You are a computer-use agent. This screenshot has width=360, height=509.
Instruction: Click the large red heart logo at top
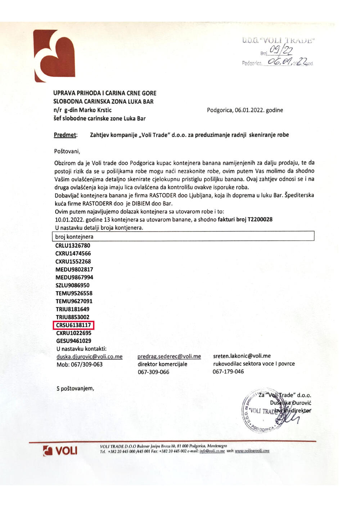tap(54, 56)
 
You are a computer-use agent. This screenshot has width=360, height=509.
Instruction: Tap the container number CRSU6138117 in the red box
tap(73, 325)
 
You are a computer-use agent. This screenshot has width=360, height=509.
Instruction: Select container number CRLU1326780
tap(73, 246)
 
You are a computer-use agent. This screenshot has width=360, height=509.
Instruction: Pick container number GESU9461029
tap(73, 341)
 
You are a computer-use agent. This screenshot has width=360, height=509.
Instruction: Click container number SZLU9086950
tap(72, 285)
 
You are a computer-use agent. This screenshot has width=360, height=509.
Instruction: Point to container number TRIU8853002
tap(72, 317)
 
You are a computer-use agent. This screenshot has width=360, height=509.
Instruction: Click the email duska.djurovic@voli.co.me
tap(90, 357)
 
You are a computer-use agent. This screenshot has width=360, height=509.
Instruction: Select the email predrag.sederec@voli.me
tap(169, 356)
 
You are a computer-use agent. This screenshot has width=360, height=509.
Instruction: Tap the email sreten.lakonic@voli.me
tap(242, 356)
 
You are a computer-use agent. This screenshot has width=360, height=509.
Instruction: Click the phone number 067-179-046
tap(228, 372)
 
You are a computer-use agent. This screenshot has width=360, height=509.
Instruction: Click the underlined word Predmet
tap(66, 135)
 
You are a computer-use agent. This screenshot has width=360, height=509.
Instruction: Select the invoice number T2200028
tap(260, 219)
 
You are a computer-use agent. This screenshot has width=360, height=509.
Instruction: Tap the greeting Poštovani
tap(67, 151)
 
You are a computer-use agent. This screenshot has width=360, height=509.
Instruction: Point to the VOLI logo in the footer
tap(60, 450)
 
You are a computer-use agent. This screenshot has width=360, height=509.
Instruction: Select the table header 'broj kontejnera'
tap(74, 237)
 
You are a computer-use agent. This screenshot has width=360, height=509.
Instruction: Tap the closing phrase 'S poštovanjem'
tap(75, 388)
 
